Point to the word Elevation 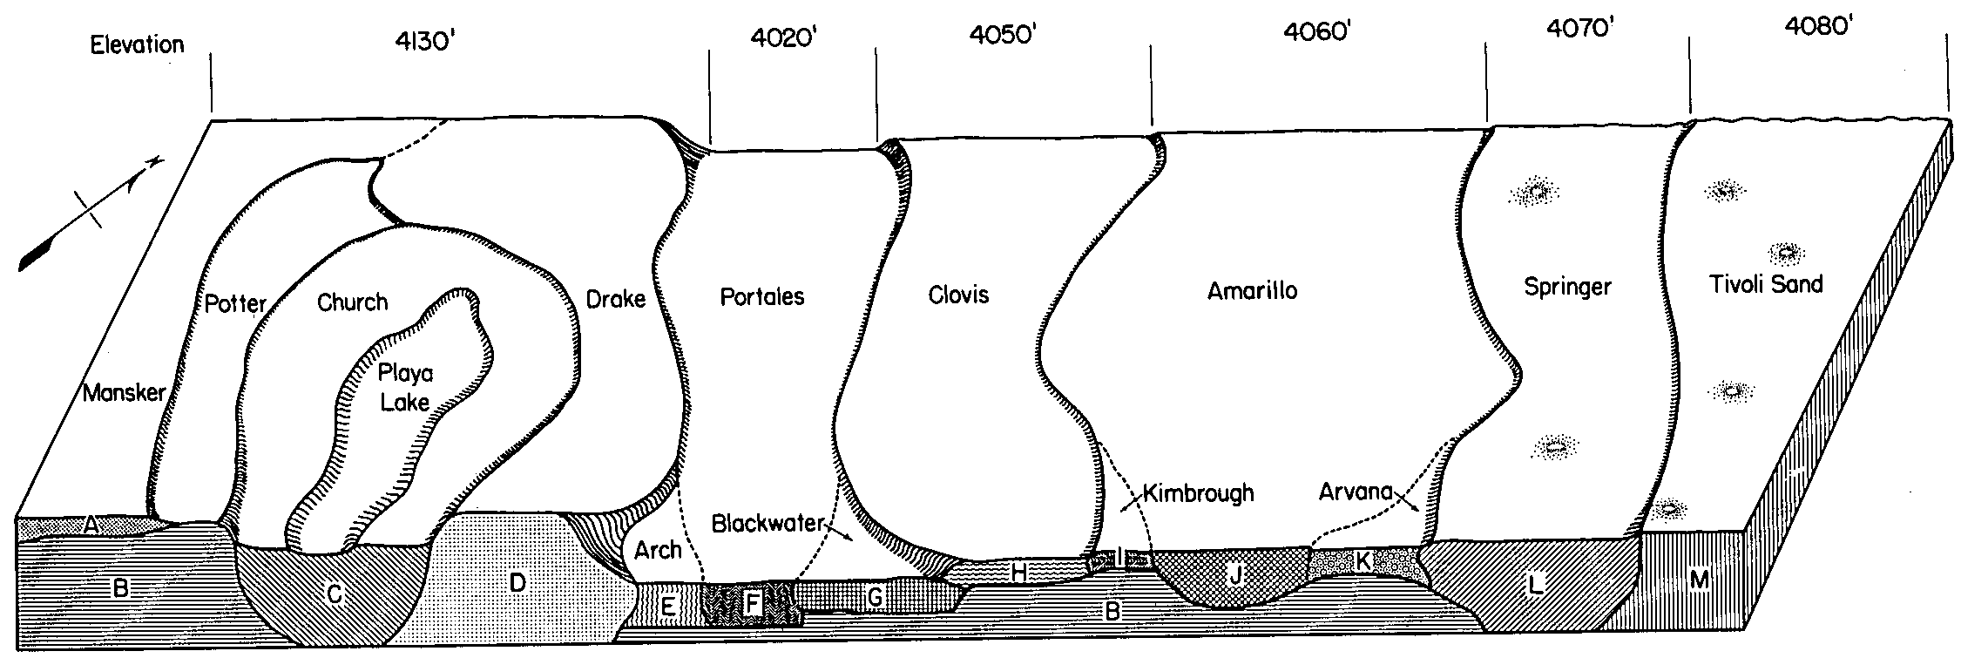[x=137, y=44]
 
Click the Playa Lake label [x=405, y=388]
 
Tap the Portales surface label [x=762, y=297]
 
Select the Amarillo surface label [x=1252, y=291]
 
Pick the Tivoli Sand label [x=1767, y=284]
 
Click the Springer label [x=1567, y=287]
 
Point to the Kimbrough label [x=1198, y=493]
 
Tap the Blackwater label [x=767, y=523]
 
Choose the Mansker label [x=124, y=393]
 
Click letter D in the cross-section [x=517, y=583]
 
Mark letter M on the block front [x=1699, y=580]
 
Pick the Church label [x=352, y=302]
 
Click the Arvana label [x=1356, y=492]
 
